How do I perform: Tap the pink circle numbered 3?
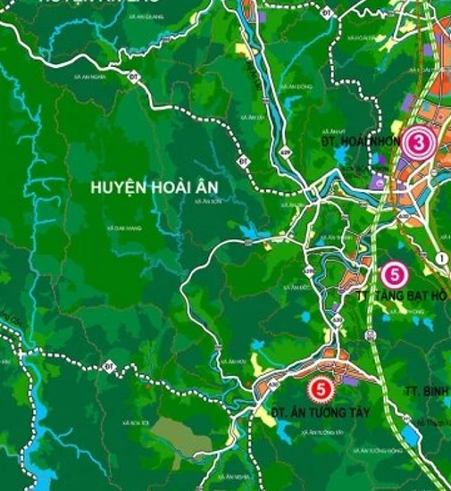click(418, 142)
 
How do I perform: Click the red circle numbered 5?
click(319, 390)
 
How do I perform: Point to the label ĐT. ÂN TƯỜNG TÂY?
click(308, 412)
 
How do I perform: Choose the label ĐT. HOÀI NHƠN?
click(356, 141)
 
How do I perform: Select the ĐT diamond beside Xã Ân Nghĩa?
click(134, 76)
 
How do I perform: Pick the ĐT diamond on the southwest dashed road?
click(109, 366)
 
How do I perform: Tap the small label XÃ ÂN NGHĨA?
click(91, 78)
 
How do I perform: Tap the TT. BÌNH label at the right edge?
click(428, 393)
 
